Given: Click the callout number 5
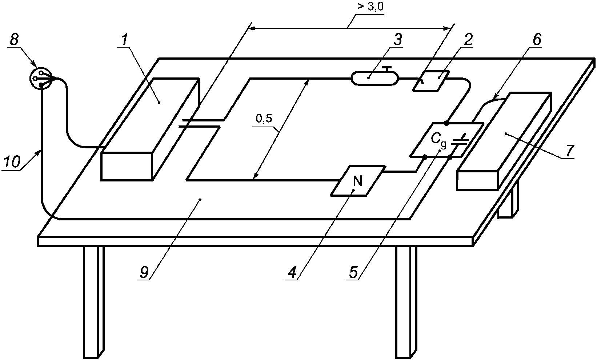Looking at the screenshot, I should pos(353,272).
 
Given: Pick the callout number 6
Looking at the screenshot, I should pos(537,40).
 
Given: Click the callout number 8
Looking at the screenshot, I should pos(14,40).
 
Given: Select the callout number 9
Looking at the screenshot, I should pos(144,272).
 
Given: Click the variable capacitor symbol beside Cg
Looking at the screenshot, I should pos(460,140).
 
